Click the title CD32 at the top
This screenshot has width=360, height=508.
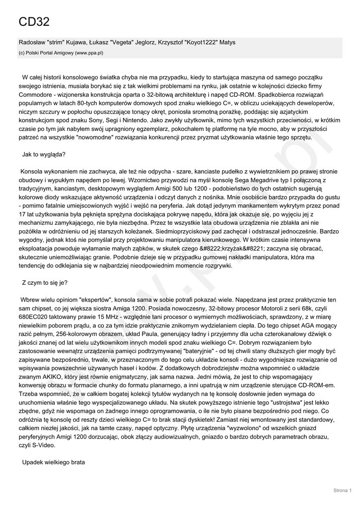coord(34,22)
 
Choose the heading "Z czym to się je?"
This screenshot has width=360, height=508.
coord(45,283)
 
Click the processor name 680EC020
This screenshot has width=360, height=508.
coord(33,317)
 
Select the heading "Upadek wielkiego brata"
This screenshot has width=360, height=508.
coord(54,462)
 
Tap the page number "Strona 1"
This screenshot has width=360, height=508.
coord(342,491)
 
